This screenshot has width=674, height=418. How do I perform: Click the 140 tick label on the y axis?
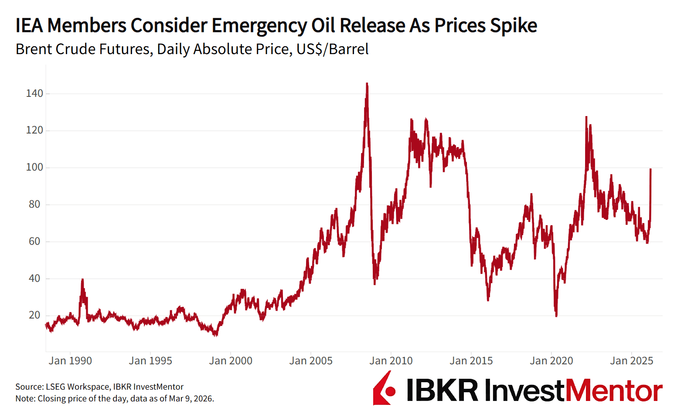tap(34, 93)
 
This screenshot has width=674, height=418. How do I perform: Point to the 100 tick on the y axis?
tap(34, 168)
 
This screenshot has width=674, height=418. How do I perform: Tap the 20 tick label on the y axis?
tap(34, 315)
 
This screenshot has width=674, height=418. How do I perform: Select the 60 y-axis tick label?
tap(34, 241)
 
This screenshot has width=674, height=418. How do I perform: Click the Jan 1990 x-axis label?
tap(70, 361)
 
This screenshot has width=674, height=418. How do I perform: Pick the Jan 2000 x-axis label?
tap(231, 361)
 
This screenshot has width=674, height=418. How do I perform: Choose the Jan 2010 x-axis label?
tap(391, 361)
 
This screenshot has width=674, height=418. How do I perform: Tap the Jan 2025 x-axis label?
tap(632, 361)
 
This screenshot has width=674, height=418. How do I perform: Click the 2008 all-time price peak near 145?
tap(367, 84)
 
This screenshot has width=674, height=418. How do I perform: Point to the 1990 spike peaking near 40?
tap(82, 280)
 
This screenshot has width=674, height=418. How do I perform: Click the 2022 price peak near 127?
tap(586, 117)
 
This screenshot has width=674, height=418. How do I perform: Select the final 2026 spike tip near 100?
tap(650, 169)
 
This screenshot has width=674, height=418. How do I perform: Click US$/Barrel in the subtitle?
tap(332, 49)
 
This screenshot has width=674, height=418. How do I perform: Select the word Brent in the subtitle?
tap(34, 49)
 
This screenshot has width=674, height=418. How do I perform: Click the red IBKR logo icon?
tap(384, 388)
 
